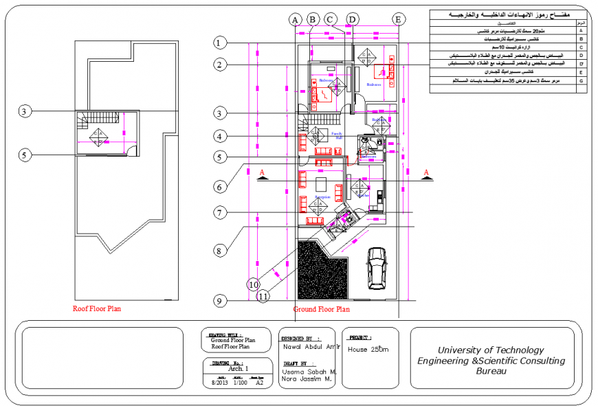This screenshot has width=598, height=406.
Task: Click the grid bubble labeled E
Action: click(x=397, y=19)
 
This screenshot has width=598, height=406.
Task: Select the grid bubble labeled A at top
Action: click(x=296, y=19)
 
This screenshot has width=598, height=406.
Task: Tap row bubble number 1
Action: click(x=219, y=43)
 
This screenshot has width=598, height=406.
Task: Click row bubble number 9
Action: click(x=219, y=300)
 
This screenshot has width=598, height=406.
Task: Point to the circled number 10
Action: click(x=254, y=283)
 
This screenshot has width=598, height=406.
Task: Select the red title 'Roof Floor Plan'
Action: click(x=97, y=309)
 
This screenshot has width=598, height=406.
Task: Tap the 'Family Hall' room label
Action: click(x=337, y=135)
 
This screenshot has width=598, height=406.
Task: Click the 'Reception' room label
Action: click(x=323, y=197)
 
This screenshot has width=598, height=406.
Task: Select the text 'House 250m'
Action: click(x=368, y=350)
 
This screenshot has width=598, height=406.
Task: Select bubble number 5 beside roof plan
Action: click(x=24, y=155)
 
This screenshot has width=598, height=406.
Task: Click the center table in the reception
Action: click(x=321, y=185)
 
